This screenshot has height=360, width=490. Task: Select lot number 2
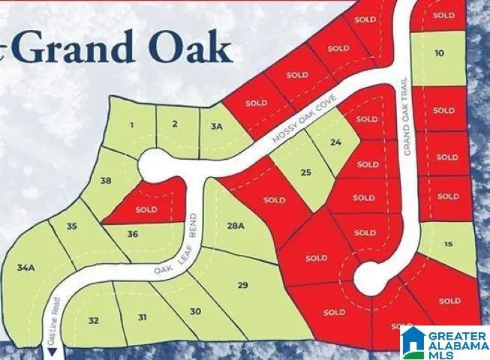click(174, 124)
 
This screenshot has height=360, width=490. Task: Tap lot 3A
click(218, 126)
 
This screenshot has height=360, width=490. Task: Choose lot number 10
click(439, 52)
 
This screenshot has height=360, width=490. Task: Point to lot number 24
click(335, 142)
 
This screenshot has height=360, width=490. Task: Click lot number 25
click(305, 172)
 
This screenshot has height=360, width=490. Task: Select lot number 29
click(242, 285)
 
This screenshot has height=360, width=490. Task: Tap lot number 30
click(195, 311)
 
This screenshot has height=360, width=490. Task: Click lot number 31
click(142, 317)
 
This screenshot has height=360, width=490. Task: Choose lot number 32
click(93, 320)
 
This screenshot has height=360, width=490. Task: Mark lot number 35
click(71, 226)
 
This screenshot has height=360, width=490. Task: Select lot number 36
click(132, 234)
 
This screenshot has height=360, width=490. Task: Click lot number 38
click(106, 180)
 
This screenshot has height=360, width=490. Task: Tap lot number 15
click(448, 244)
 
